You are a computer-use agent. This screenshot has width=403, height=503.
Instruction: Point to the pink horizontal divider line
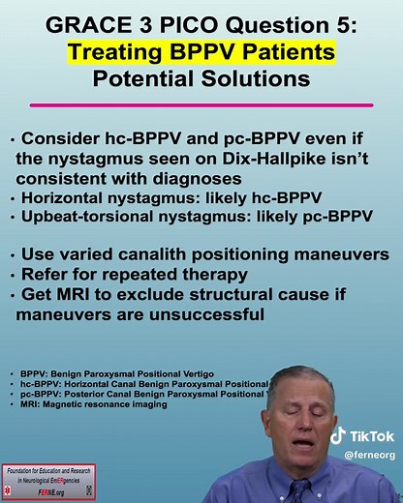[201, 104]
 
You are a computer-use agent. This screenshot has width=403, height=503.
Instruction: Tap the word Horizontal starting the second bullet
[68, 198]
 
